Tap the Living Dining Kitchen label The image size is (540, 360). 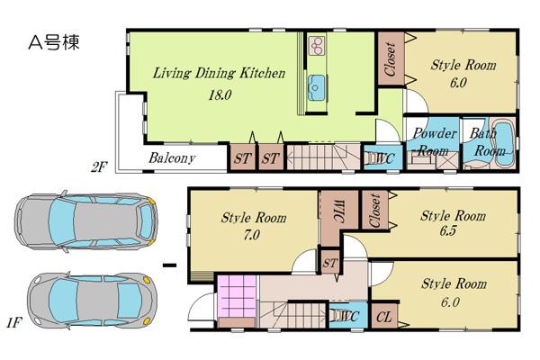pyautogui.click(x=219, y=73)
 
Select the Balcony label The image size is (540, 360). pyautogui.click(x=172, y=158)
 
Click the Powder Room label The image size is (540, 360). pyautogui.click(x=431, y=142)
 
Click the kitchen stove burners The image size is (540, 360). pyautogui.click(x=317, y=45)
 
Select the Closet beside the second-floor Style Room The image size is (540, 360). pyautogui.click(x=390, y=60)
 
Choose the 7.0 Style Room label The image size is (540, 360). pyautogui.click(x=254, y=227)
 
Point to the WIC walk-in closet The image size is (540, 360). pyautogui.click(x=328, y=214)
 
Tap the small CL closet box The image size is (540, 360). pyautogui.click(x=382, y=317)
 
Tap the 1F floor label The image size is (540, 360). pyautogui.click(x=13, y=321)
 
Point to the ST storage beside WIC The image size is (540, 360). pyautogui.click(x=330, y=262)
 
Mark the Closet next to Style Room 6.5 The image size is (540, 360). pyautogui.click(x=374, y=211)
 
